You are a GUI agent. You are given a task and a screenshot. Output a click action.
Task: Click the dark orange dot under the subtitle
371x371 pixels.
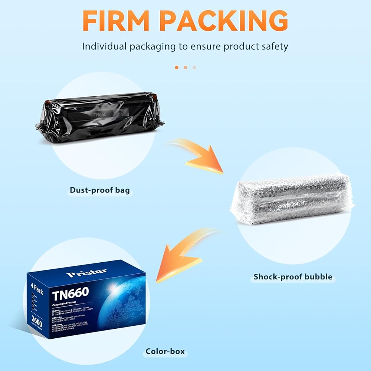tap(177, 67)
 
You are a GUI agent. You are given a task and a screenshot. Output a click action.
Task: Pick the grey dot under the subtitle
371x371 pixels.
tap(194, 67)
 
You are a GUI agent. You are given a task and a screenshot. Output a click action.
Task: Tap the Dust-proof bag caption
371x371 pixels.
tap(100, 191)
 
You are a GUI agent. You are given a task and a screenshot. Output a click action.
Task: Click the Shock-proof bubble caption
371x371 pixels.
tap(293, 277)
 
